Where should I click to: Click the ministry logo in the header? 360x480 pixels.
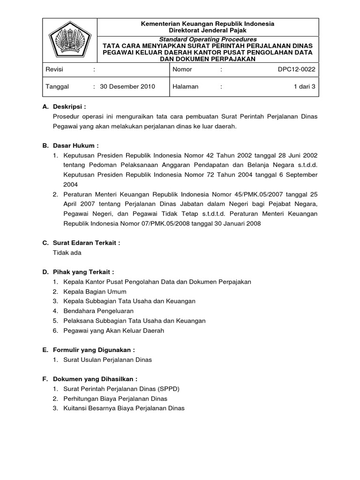[x=69, y=40]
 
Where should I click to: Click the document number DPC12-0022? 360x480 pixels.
[x=297, y=70]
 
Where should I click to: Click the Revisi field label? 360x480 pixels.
[x=54, y=70]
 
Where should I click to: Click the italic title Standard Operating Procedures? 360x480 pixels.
[x=208, y=39]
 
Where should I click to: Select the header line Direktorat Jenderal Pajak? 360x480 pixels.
[x=208, y=30]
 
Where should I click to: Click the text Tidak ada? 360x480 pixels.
[x=67, y=253]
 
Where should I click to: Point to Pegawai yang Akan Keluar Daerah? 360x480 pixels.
[x=113, y=330]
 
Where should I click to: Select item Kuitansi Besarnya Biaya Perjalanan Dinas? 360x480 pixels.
[x=124, y=408]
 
